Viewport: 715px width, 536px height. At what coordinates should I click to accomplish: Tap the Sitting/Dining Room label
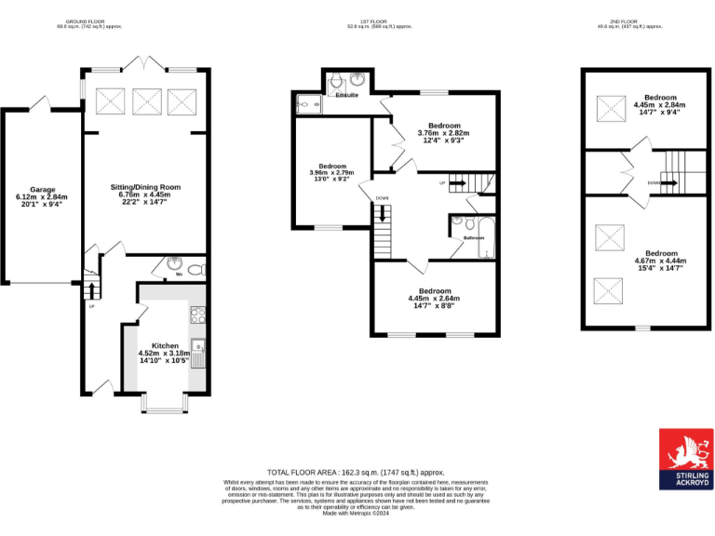coord(144,187)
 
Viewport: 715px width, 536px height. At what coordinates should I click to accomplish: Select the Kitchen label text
coord(164,345)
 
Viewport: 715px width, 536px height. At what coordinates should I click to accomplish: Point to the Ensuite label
coord(346,95)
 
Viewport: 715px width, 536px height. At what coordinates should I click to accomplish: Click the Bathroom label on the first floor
coord(474,237)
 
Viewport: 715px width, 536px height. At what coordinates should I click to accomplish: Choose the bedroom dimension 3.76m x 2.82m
coord(444,133)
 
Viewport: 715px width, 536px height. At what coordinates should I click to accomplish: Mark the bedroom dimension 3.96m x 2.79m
coord(331,172)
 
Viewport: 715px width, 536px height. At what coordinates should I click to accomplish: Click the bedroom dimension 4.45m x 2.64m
coord(434,299)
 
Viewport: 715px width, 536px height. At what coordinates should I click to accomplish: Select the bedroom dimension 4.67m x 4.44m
coord(661,261)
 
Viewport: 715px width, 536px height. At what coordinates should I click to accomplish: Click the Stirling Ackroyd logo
coord(685,459)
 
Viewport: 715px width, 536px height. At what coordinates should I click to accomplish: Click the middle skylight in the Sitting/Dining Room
coord(145,99)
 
